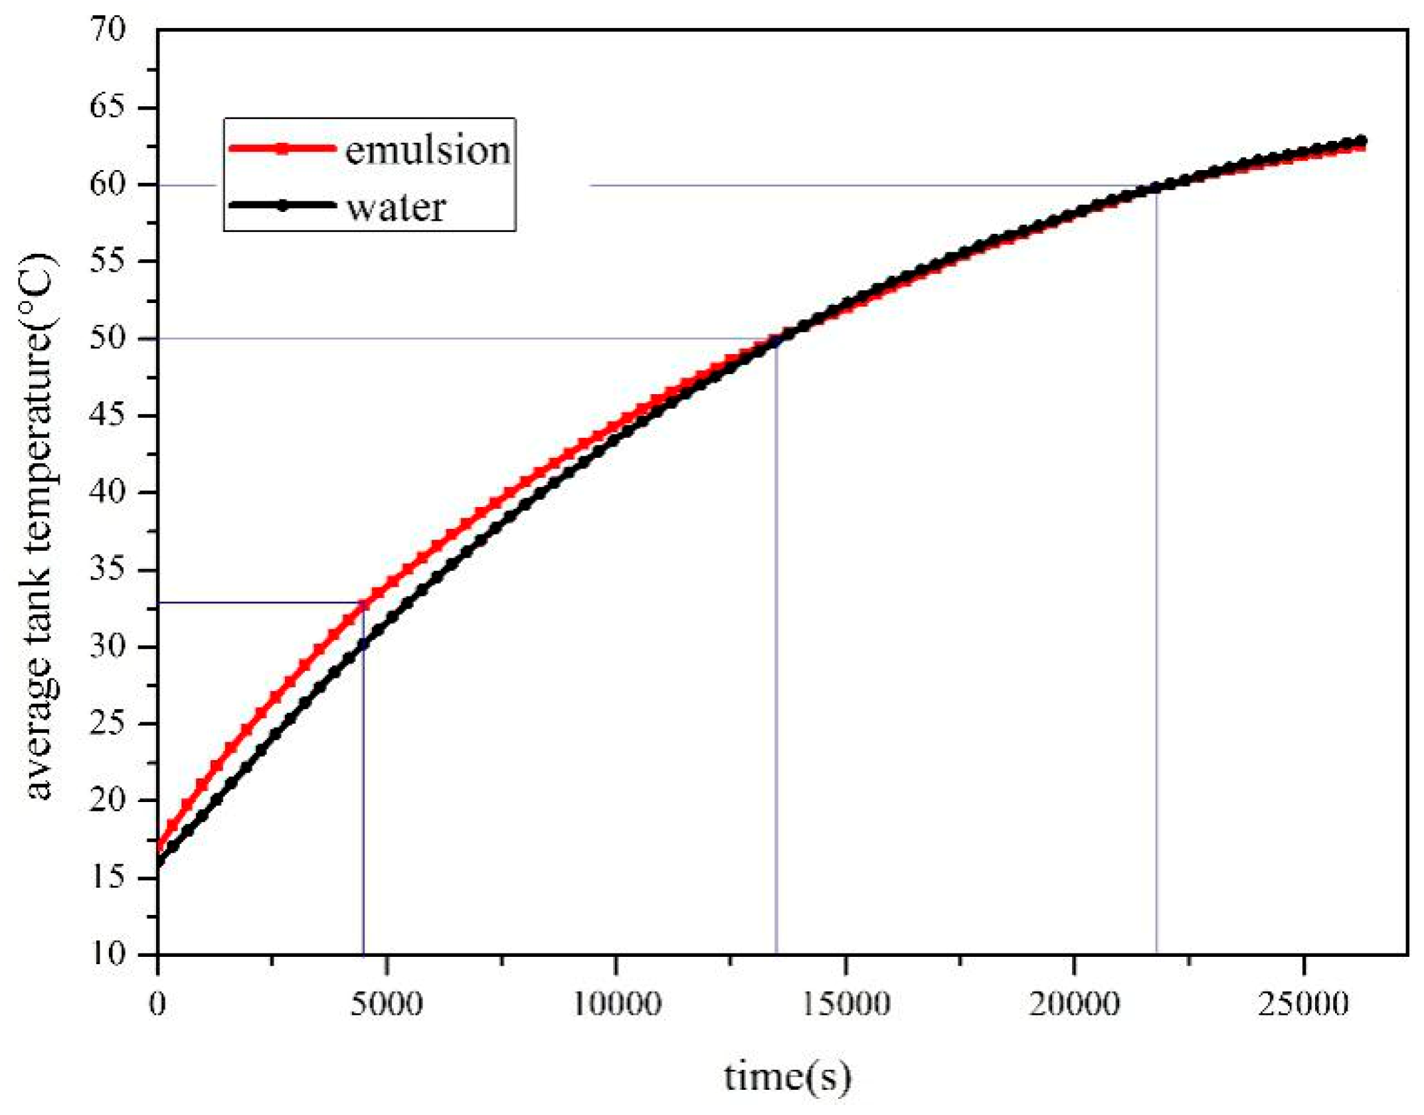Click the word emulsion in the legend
[428, 151]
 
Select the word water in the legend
[396, 208]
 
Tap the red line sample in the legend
[282, 148]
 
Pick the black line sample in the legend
[282, 205]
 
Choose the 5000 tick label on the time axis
[387, 1003]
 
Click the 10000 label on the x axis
[616, 1003]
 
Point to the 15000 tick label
[845, 1003]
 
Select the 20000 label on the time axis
[1075, 1003]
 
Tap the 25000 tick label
[1304, 1003]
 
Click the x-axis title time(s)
[787, 1076]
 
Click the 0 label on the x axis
[157, 1003]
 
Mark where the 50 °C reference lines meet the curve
[776, 340]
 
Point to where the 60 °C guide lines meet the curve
[1156, 187]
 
